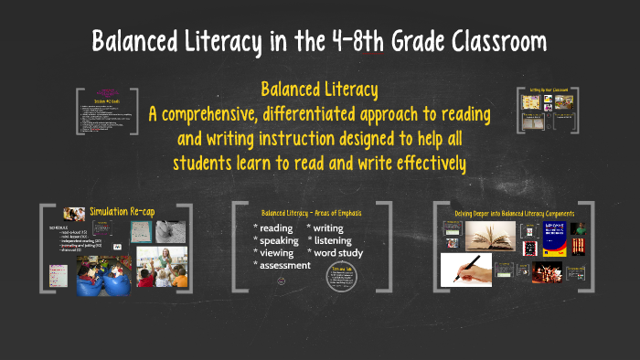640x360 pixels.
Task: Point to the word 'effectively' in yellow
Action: [x=424, y=163]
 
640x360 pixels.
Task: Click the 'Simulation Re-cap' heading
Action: [x=122, y=212]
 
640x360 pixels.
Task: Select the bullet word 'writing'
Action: [x=329, y=228]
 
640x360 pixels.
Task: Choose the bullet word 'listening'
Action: [x=333, y=240]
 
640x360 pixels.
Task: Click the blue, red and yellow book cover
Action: [x=555, y=239]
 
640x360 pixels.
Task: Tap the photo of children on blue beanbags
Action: [x=101, y=274]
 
